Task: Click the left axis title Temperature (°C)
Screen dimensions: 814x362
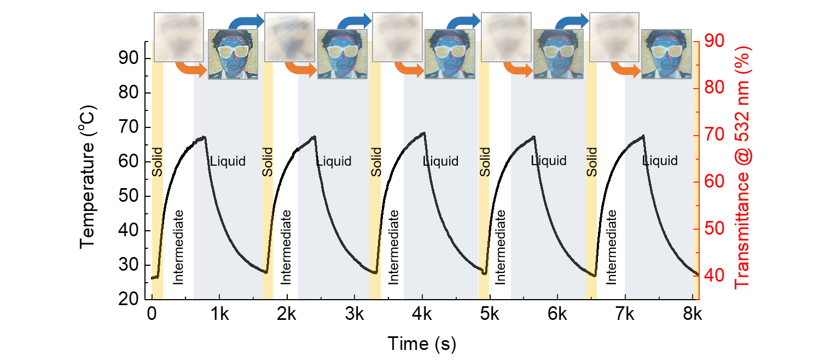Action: pos(88,177)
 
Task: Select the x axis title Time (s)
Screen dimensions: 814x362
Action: pos(422,343)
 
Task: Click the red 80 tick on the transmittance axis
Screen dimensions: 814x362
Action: pos(714,87)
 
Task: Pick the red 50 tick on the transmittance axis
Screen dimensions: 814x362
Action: pos(714,229)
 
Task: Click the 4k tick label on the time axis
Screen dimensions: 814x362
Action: pos(422,314)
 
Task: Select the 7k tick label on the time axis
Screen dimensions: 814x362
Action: pos(625,314)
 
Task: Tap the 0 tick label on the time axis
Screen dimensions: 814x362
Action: pos(152,314)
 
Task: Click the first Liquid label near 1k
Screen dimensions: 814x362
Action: pos(228,161)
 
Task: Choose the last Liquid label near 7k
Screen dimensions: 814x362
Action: pos(660,160)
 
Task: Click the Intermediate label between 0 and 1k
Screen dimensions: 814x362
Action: pos(178,247)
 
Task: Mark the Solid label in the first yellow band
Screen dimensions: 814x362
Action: pos(157,162)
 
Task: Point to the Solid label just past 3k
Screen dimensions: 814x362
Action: pos(376,162)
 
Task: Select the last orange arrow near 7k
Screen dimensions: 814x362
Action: pos(625,69)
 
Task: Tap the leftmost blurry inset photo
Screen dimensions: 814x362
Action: pos(179,37)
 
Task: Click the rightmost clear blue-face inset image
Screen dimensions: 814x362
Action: pos(666,54)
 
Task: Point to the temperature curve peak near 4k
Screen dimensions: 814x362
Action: pos(424,133)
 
